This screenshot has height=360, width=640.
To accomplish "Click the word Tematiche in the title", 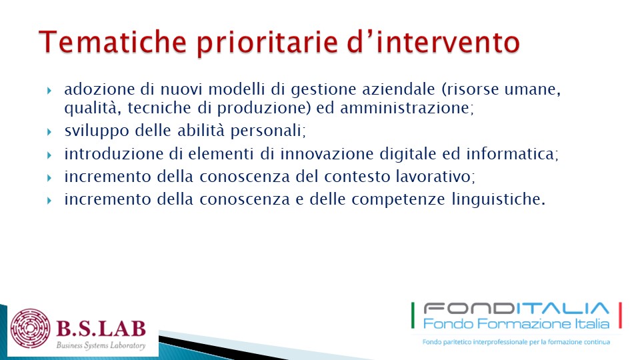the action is pos(113,41).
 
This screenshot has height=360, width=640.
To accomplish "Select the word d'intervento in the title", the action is pos(433,41).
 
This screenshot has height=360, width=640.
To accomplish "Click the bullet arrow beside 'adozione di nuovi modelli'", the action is pos(49,90).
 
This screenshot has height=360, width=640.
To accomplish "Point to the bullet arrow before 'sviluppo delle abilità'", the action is pos(49,132).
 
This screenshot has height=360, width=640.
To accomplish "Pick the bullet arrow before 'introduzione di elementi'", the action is pos(49,155).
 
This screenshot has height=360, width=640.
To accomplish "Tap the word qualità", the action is pos(93,109).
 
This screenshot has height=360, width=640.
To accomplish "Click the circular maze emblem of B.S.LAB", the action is pos(31,329).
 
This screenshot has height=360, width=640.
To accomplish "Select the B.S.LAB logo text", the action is pos(101,328).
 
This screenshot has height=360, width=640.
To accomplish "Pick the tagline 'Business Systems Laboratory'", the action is pos(101,345).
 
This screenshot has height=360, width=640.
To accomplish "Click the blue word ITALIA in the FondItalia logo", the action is pos(563,308).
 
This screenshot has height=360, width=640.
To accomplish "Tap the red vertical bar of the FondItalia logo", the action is pos(621,315).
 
